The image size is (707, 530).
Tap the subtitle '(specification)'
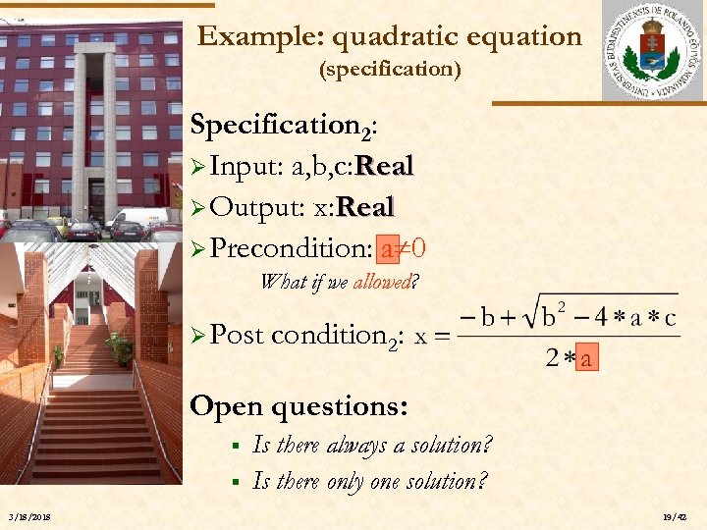(x=391, y=71)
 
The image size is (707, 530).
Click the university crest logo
(x=652, y=51)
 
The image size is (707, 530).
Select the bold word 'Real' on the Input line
(x=384, y=167)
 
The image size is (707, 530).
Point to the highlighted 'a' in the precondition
(x=388, y=249)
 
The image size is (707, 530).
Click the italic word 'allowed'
(x=381, y=283)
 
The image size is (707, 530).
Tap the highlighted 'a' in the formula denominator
(x=586, y=359)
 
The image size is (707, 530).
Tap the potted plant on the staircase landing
(x=120, y=346)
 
